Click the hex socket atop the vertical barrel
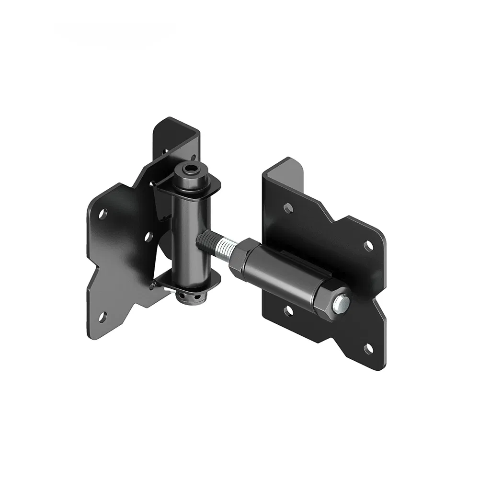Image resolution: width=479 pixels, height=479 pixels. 191,170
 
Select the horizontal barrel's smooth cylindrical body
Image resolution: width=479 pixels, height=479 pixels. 283,278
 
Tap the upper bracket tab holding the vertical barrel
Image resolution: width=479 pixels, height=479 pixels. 165,187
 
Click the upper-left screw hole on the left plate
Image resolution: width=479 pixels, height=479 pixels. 103,213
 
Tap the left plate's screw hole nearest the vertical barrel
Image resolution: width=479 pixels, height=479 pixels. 148,237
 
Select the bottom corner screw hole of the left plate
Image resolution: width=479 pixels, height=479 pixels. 102,316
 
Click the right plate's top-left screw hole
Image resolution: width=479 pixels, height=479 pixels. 287,207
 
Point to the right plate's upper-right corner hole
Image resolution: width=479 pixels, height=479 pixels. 368,246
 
